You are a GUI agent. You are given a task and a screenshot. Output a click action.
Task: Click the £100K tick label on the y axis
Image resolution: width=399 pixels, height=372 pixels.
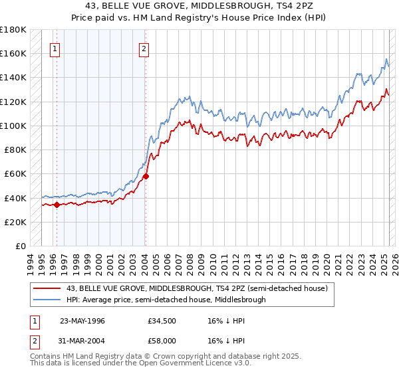point(13,126)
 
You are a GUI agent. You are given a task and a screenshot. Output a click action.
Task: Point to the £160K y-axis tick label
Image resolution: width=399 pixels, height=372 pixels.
point(13,53)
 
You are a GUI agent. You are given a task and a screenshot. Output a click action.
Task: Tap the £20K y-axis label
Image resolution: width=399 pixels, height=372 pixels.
point(15,222)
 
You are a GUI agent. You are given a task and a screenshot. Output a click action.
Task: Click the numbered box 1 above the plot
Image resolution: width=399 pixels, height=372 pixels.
point(55,48)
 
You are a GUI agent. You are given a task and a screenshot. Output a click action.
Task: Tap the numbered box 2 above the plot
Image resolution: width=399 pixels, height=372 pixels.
point(144,48)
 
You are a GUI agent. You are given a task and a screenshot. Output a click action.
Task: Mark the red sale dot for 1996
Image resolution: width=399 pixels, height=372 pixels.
point(57,205)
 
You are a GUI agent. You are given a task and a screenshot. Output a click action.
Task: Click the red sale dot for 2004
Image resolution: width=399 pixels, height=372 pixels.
point(146,177)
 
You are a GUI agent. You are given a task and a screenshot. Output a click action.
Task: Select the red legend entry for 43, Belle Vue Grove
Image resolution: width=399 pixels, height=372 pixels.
point(197,288)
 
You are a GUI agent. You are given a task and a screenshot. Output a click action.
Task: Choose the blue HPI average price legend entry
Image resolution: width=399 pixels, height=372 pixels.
point(166,300)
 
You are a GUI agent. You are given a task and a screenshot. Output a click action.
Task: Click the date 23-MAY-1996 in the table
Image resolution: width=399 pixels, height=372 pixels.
point(82,320)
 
